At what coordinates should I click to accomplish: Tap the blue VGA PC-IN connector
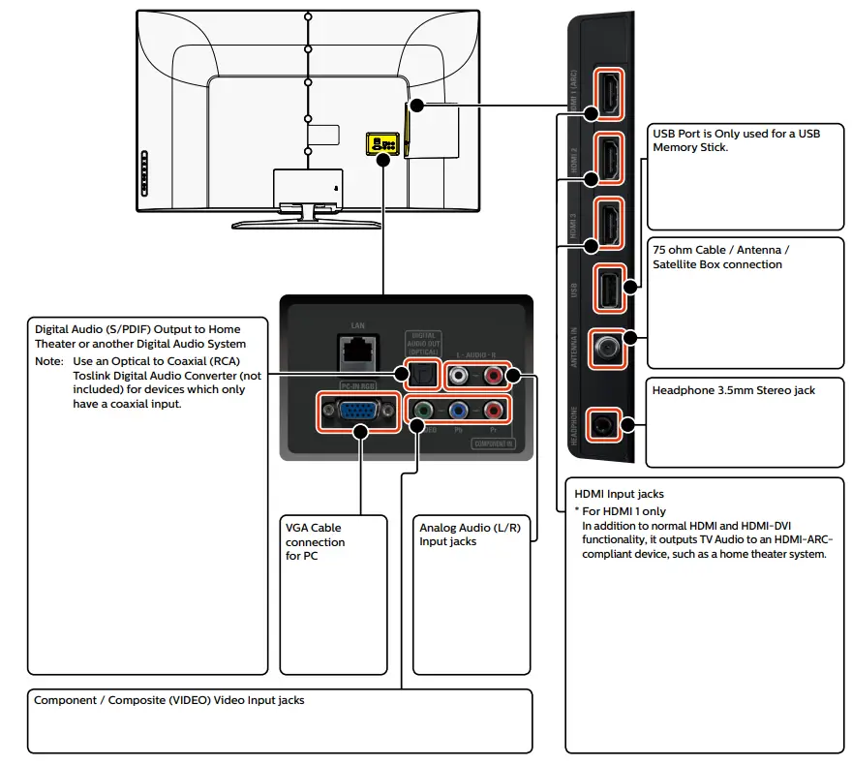pyautogui.click(x=357, y=414)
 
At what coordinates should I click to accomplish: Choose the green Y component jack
pyautogui.click(x=423, y=411)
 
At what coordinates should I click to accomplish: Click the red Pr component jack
pyautogui.click(x=495, y=411)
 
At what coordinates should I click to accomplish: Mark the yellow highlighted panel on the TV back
pyautogui.click(x=380, y=143)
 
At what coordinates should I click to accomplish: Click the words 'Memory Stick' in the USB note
pyautogui.click(x=690, y=147)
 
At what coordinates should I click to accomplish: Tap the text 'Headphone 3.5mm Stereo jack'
pyautogui.click(x=733, y=390)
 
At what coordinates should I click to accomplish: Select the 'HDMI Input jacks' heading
pyautogui.click(x=619, y=494)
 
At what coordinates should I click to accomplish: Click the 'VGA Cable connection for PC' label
pyautogui.click(x=315, y=541)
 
